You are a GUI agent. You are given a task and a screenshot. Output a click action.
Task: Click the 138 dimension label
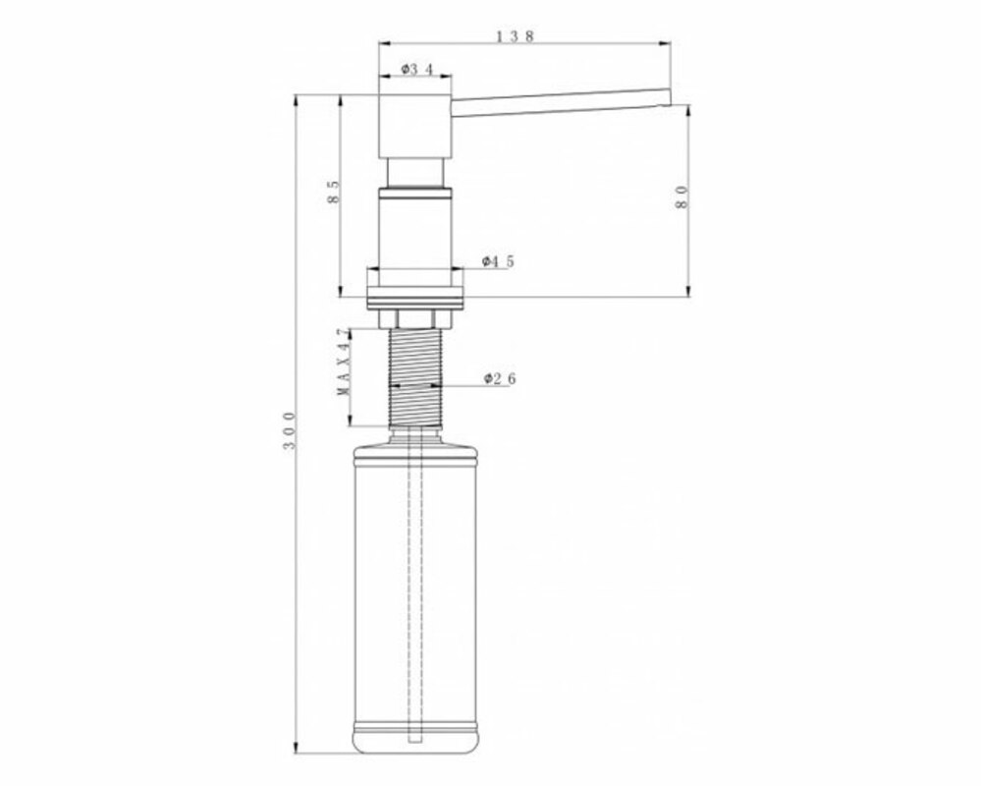coord(516,36)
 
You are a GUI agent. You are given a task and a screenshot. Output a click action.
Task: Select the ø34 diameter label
coord(416,69)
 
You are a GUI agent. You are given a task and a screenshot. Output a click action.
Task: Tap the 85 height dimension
coord(333,192)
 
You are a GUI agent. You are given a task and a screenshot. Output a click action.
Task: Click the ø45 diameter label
coord(498,261)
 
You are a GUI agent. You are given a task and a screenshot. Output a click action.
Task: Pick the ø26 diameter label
coord(500,378)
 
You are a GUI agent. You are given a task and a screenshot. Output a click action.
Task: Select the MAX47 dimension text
coord(344,362)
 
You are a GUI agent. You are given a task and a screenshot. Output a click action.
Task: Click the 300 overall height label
coord(289,430)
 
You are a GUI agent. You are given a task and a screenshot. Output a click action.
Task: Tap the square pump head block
coord(415,127)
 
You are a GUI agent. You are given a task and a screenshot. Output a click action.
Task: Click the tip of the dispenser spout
coord(670,97)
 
